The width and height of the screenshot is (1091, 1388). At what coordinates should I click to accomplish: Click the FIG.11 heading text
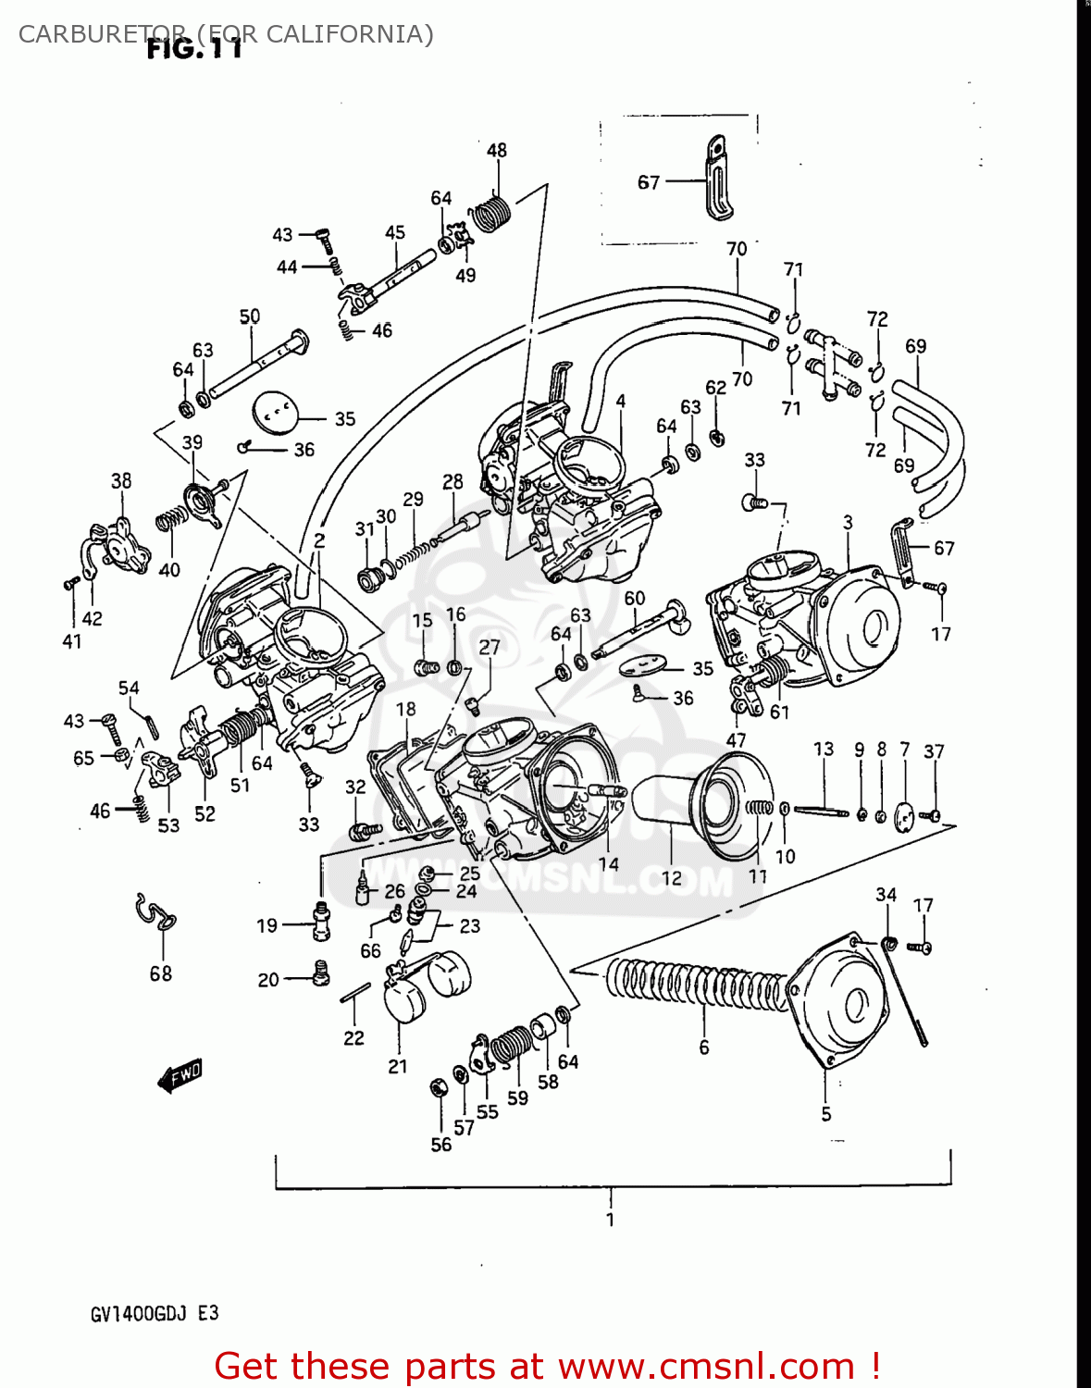point(194,48)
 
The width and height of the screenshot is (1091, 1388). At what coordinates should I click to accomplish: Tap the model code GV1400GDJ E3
point(155,1314)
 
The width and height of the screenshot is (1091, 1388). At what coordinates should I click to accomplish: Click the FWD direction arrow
point(179,1075)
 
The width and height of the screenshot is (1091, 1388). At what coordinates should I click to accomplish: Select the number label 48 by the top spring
point(497,150)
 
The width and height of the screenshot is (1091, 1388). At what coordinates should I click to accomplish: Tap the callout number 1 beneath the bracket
point(610,1220)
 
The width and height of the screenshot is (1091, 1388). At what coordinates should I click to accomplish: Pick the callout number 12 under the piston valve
point(671,877)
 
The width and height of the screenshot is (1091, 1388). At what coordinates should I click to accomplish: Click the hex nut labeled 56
point(440,1088)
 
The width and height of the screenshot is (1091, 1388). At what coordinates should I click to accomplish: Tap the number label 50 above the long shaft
point(250,316)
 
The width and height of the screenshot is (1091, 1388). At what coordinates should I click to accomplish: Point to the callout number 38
point(121,481)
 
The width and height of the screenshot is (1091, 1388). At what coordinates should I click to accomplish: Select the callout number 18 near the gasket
point(405,710)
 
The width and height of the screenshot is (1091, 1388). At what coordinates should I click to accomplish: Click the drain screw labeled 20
point(320,973)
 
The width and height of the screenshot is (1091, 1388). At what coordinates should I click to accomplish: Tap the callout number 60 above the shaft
point(635,598)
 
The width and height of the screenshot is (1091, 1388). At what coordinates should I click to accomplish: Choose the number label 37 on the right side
point(934,751)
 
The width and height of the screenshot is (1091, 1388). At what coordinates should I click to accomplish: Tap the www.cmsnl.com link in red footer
point(707,1366)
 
